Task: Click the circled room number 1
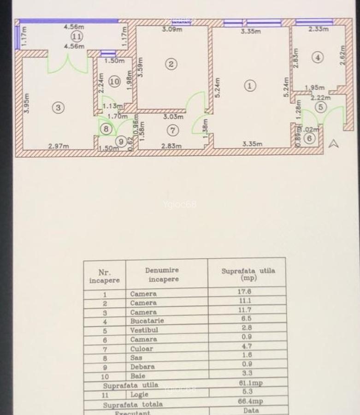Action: [250, 85]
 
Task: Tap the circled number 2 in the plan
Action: [171, 64]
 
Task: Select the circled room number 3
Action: [58, 107]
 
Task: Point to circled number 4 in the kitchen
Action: [318, 57]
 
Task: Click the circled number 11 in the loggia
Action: [77, 36]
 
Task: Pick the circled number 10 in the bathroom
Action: [114, 82]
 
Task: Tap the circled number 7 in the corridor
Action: [172, 130]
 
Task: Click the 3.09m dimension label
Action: [172, 30]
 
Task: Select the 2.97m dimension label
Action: [59, 147]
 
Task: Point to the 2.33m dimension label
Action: [319, 29]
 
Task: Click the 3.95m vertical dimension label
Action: [27, 103]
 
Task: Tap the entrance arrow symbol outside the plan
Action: [334, 144]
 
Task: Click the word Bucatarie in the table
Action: [147, 320]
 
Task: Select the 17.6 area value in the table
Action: [244, 291]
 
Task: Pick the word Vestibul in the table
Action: [144, 330]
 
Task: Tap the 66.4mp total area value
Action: [250, 401]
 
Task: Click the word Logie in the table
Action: [140, 394]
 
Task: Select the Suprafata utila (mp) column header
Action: [248, 274]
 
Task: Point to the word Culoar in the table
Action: [141, 349]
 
